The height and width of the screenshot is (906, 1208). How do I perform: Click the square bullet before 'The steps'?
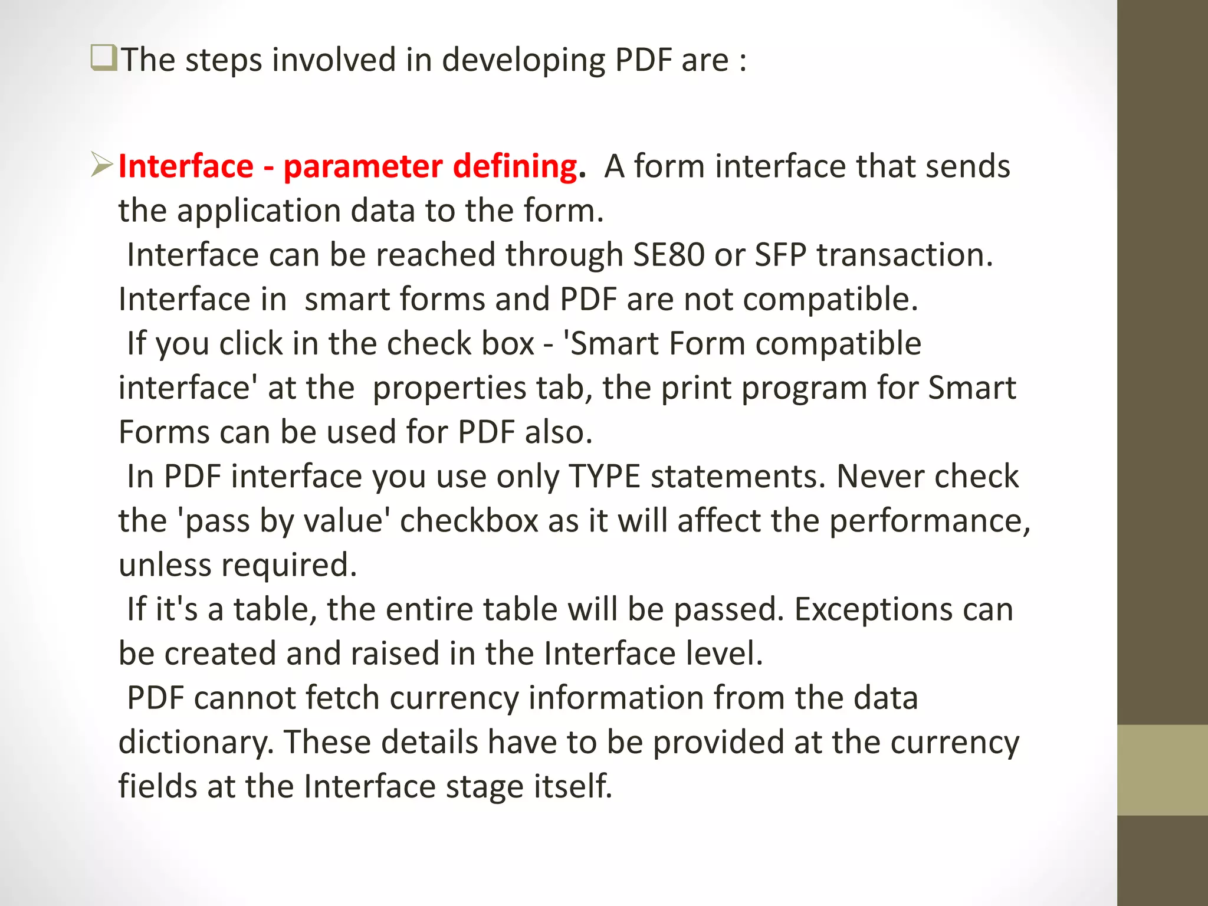(104, 58)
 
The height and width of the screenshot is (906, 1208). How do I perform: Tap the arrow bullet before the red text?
(102, 165)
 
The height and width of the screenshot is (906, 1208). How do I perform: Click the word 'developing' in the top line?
(523, 61)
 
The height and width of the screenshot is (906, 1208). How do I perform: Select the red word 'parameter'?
(362, 167)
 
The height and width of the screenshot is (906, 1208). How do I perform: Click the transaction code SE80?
(668, 255)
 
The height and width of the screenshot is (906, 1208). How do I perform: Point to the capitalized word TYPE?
(604, 477)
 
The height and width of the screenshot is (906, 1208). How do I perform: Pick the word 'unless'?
(165, 565)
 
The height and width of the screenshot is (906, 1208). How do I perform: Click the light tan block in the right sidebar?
(1162, 770)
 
